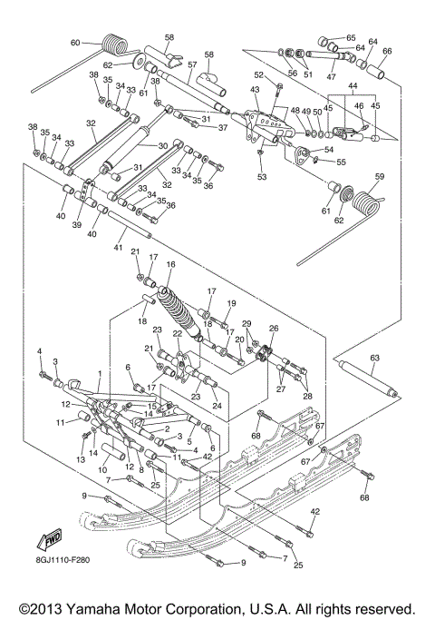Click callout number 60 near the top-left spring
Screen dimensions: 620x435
(75, 43)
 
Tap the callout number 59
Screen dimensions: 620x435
(381, 176)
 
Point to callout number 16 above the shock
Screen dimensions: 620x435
(169, 266)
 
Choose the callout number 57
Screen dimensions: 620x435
(191, 65)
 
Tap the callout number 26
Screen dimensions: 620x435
(274, 329)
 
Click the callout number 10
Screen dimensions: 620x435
(101, 468)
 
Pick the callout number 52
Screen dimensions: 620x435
(258, 75)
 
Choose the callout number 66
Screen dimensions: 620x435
(387, 51)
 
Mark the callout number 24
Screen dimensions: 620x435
(217, 405)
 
